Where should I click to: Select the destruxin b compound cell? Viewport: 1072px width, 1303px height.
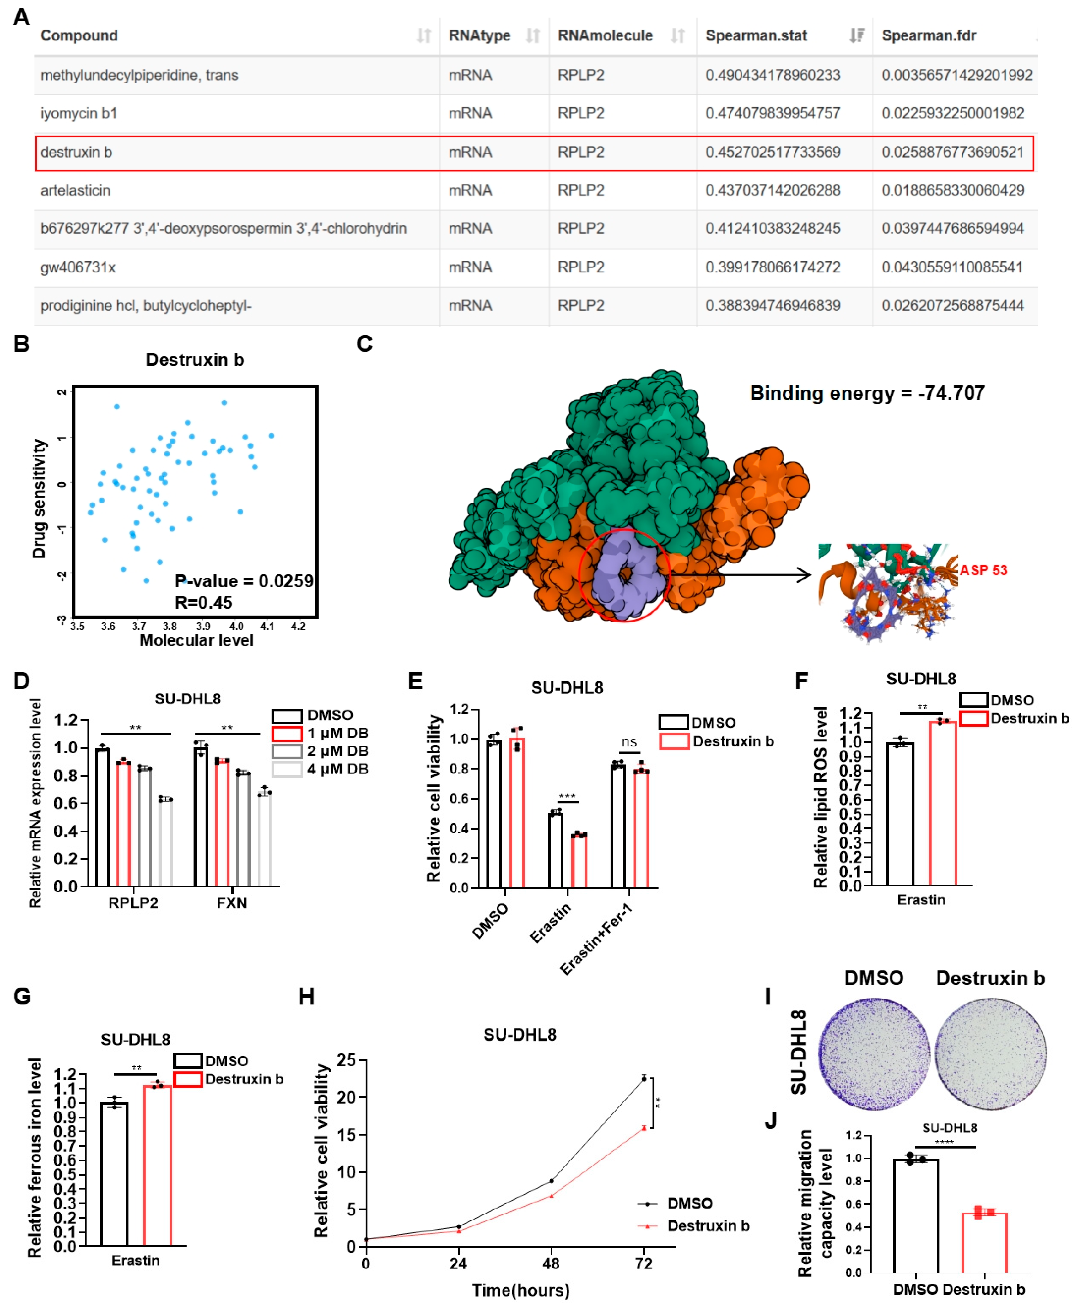pos(77,153)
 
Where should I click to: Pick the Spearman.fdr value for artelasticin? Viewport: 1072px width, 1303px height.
pos(952,190)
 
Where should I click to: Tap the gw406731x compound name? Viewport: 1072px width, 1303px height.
pos(78,267)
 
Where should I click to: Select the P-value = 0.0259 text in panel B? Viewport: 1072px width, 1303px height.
pos(244,581)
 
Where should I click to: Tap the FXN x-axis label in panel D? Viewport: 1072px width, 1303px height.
pos(232,903)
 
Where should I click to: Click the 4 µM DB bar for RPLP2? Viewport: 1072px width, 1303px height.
pos(165,843)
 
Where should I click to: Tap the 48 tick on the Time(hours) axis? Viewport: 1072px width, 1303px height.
pos(551,1263)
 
